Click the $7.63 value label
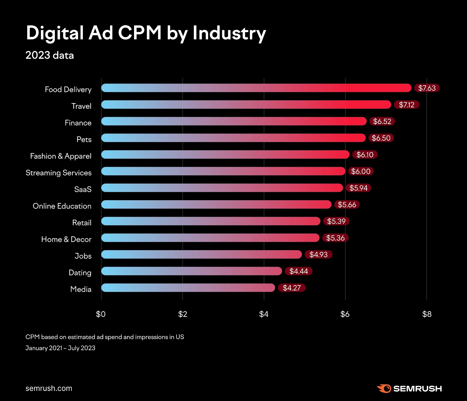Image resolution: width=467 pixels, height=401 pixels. pyautogui.click(x=427, y=88)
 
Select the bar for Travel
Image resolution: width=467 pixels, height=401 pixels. pyautogui.click(x=246, y=105)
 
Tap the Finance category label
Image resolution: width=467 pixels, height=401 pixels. pyautogui.click(x=78, y=123)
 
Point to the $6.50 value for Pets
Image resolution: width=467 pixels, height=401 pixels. pyautogui.click(x=381, y=138)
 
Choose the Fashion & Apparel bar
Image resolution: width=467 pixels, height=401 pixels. pyautogui.click(x=225, y=155)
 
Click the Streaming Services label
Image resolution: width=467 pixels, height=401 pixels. pyautogui.click(x=58, y=173)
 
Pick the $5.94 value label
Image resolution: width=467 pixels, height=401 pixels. pyautogui.click(x=358, y=188)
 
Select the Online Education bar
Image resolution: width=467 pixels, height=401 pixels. pyautogui.click(x=216, y=204)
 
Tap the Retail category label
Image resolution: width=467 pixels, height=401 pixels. pyautogui.click(x=82, y=223)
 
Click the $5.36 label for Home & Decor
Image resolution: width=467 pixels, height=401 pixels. pyautogui.click(x=335, y=238)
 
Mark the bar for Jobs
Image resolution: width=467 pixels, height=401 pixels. pyautogui.click(x=201, y=254)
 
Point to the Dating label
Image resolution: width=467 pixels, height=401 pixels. pyautogui.click(x=80, y=272)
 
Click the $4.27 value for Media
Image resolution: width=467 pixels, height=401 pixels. pyautogui.click(x=292, y=288)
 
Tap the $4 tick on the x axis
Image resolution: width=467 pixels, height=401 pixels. pyautogui.click(x=264, y=314)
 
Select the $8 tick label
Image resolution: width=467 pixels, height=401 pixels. pyautogui.click(x=427, y=314)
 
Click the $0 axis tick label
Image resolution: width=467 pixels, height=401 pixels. pyautogui.click(x=101, y=314)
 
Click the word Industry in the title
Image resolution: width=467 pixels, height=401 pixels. pyautogui.click(x=229, y=33)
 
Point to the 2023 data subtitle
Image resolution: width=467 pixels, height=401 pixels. pyautogui.click(x=50, y=55)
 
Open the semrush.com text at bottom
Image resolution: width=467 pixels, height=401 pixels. pyautogui.click(x=49, y=388)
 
